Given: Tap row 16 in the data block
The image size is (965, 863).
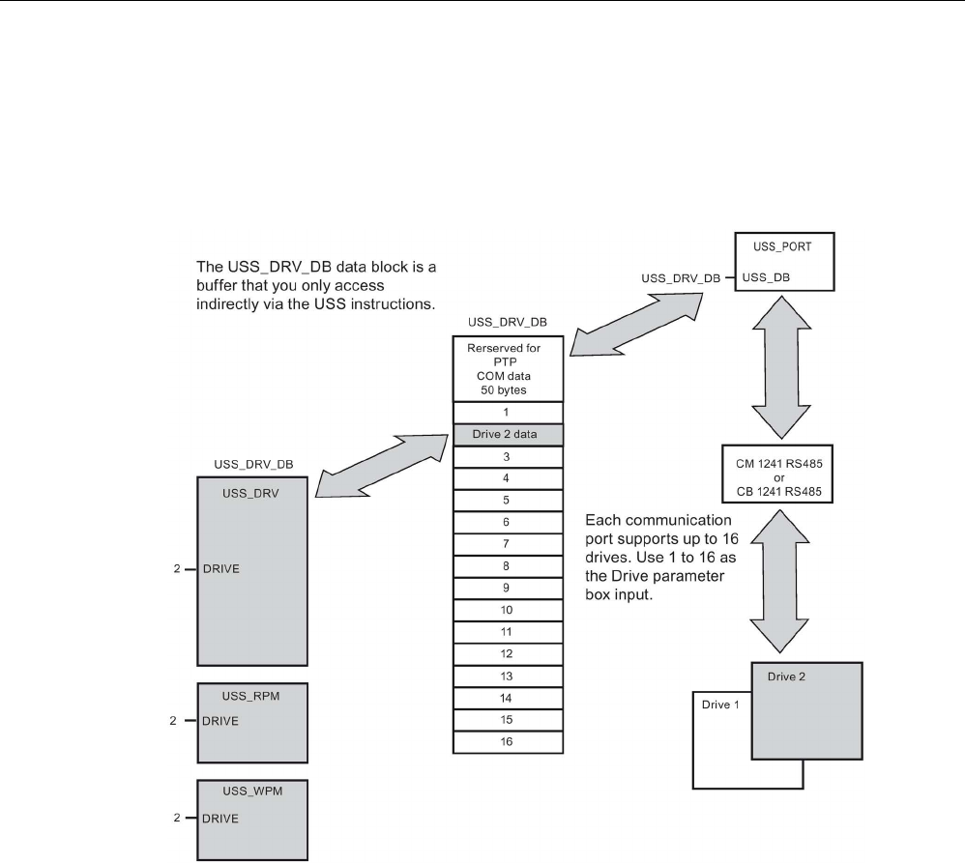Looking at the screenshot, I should pyautogui.click(x=508, y=741).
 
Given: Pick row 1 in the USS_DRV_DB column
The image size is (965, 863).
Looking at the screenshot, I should pyautogui.click(x=508, y=412).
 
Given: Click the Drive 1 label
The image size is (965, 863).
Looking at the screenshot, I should pyautogui.click(x=718, y=705).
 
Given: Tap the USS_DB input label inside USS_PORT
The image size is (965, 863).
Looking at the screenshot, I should pyautogui.click(x=763, y=277).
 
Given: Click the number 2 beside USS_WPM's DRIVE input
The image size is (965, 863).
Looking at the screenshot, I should pyautogui.click(x=177, y=819).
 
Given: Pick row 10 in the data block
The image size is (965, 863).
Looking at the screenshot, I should pyautogui.click(x=508, y=611).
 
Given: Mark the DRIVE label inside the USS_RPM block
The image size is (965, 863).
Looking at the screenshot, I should pyautogui.click(x=220, y=721).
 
